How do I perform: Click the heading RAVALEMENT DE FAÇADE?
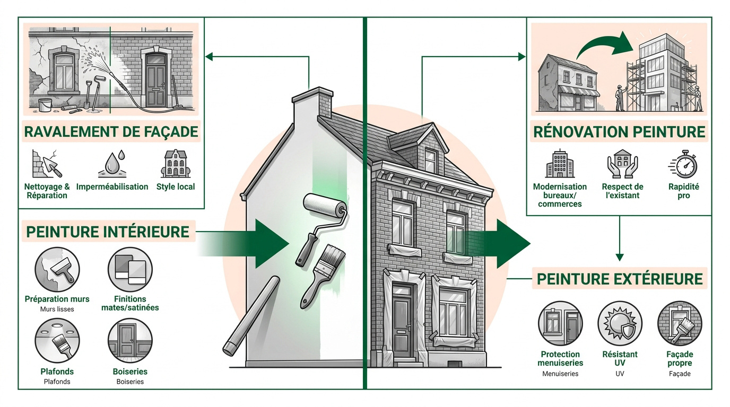[x=111, y=132]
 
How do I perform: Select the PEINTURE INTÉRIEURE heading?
[x=108, y=232]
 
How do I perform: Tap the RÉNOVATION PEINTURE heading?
[x=619, y=132]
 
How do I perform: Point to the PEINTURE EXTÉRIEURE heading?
[x=620, y=279]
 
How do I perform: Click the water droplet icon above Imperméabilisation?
[x=112, y=164]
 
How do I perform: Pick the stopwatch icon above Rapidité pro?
[x=683, y=164]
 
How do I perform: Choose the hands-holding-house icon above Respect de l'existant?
[x=622, y=164]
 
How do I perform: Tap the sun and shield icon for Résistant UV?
[x=620, y=323]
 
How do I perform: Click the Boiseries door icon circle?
[x=130, y=341]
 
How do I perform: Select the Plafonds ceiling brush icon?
[x=57, y=341]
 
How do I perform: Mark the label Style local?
[x=176, y=187]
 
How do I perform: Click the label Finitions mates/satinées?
[x=130, y=303]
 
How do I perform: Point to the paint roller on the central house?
[x=321, y=228]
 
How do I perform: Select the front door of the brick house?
[x=403, y=321]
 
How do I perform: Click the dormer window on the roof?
[x=430, y=161]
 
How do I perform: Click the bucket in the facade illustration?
[x=45, y=105]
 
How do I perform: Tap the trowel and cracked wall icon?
[x=47, y=164]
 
